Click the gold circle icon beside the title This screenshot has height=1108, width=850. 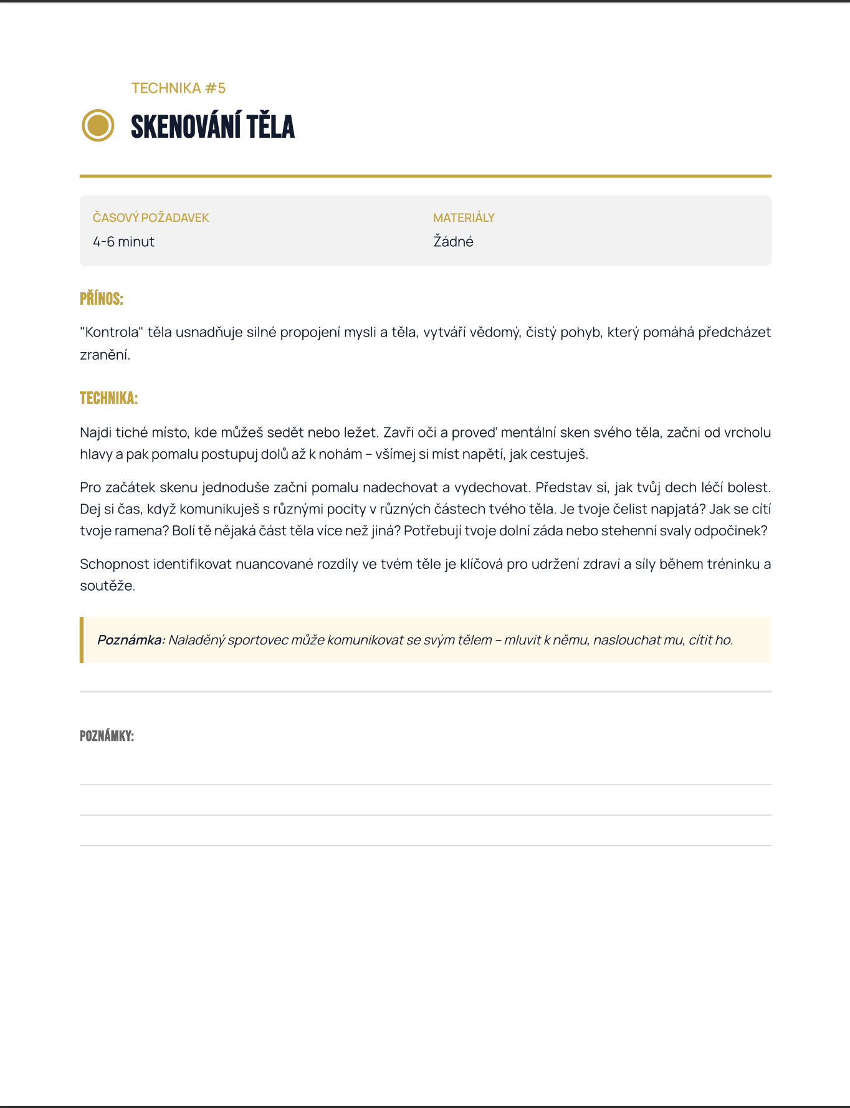(98, 125)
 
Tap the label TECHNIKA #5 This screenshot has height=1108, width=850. (178, 88)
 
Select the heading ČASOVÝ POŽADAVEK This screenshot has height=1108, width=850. (151, 217)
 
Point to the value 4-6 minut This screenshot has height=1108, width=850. (123, 242)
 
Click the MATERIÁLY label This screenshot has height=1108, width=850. (464, 217)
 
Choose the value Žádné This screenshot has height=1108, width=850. (453, 242)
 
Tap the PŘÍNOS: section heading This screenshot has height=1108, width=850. (102, 299)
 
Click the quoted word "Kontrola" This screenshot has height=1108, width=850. (112, 332)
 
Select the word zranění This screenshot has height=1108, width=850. (105, 355)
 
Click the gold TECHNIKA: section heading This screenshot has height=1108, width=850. (108, 398)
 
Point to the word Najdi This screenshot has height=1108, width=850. (95, 432)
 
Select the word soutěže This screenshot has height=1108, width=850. (107, 586)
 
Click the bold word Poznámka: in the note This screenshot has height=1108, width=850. (131, 640)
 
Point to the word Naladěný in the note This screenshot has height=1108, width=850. (196, 640)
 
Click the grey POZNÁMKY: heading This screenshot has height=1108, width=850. (107, 736)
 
